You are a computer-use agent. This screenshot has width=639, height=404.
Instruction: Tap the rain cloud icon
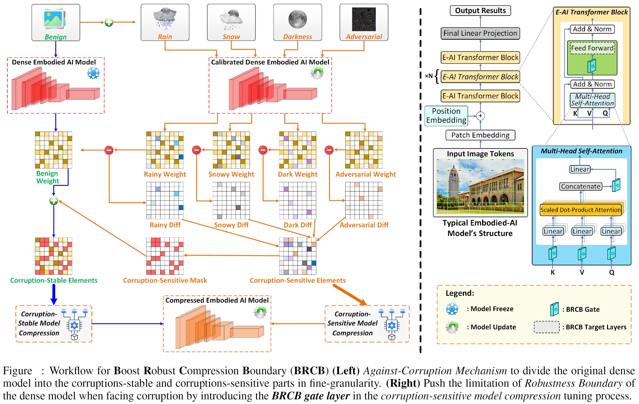165,18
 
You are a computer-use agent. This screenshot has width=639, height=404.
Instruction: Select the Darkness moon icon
297,19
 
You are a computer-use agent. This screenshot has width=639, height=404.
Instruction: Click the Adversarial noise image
364,19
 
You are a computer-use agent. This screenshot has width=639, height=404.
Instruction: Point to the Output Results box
480,11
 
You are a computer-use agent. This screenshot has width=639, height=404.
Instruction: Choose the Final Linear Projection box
480,33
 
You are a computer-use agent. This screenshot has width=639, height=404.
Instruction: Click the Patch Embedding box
480,135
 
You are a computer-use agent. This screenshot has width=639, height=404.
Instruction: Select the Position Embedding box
446,116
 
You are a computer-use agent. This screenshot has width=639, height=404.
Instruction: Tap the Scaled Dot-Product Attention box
580,210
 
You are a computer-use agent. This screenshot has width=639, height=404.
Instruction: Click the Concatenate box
580,186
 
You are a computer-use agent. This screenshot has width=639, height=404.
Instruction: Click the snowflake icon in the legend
452,309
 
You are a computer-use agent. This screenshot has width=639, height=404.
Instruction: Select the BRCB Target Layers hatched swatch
546,327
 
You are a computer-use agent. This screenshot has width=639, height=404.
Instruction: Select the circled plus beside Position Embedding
480,116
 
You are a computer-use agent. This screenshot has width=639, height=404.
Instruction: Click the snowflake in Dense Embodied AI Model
93,73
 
